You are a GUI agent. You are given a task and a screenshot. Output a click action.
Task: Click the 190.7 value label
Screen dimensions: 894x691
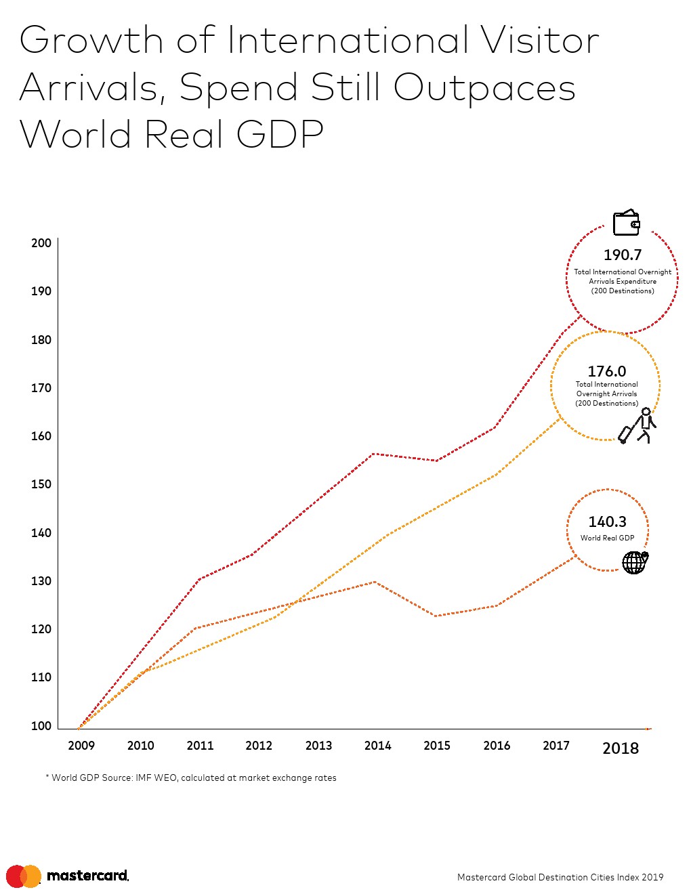tap(622, 255)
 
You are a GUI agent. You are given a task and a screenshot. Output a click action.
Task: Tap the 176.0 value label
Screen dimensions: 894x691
tap(606, 371)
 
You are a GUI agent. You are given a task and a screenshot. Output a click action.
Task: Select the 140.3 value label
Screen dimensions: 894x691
tap(607, 521)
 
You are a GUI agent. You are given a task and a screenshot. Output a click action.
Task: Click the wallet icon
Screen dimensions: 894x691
tap(626, 223)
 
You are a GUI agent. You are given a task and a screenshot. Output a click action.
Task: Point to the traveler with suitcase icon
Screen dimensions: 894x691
tap(638, 426)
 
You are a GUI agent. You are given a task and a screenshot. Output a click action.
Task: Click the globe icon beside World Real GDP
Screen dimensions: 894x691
tap(635, 562)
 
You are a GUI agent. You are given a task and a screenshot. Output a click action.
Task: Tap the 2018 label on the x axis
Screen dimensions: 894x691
tap(620, 748)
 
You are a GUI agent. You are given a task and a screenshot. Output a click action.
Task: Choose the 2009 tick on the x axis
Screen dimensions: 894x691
tap(81, 746)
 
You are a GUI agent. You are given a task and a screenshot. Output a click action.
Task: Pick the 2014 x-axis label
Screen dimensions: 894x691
tap(377, 746)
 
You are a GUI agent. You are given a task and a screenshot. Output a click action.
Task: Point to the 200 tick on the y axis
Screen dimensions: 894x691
tap(41, 243)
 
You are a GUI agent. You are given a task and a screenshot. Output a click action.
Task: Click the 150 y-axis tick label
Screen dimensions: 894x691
tap(41, 484)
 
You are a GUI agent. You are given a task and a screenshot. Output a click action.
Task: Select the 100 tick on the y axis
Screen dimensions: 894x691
tap(41, 726)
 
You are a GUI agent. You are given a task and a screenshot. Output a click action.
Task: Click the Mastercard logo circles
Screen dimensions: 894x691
tap(24, 876)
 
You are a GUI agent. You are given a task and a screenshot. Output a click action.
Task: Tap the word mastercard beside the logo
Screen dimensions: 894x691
tap(87, 876)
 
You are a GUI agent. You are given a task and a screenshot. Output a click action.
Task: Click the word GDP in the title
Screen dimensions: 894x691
tap(280, 133)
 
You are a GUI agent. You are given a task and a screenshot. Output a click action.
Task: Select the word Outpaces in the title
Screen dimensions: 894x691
tap(484, 88)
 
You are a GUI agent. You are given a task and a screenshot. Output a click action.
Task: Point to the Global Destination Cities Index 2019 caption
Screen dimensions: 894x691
tap(560, 877)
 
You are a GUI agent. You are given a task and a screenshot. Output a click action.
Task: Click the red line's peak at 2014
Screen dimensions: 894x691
tap(374, 454)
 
